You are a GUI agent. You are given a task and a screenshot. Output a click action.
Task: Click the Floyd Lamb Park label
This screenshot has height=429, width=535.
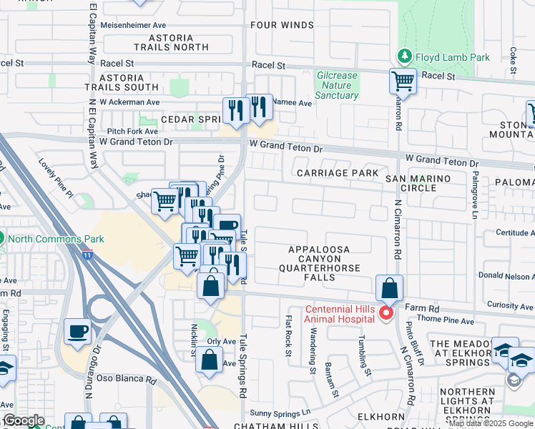(x=443, y=56)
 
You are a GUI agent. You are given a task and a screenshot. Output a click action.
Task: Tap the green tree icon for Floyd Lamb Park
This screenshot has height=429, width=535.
(x=405, y=56)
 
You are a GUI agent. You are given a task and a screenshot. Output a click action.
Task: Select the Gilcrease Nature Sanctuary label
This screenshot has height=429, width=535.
(x=336, y=85)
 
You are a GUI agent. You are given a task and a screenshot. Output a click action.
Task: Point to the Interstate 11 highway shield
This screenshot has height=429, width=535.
(x=87, y=254)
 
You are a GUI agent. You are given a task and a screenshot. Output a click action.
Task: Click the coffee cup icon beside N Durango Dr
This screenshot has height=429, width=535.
(x=78, y=331)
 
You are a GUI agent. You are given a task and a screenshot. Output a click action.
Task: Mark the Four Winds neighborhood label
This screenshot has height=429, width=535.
(x=282, y=25)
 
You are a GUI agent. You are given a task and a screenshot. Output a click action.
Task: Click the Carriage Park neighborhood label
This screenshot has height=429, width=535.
(x=337, y=173)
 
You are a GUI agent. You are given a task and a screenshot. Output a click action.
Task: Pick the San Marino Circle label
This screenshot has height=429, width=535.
(x=419, y=183)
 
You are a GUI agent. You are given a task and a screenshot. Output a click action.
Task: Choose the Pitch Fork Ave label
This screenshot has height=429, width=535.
(x=132, y=132)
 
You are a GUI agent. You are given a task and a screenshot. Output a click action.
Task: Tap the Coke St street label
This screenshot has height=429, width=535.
(x=514, y=61)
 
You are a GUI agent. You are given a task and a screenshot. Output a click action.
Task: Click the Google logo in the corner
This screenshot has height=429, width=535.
(x=23, y=420)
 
